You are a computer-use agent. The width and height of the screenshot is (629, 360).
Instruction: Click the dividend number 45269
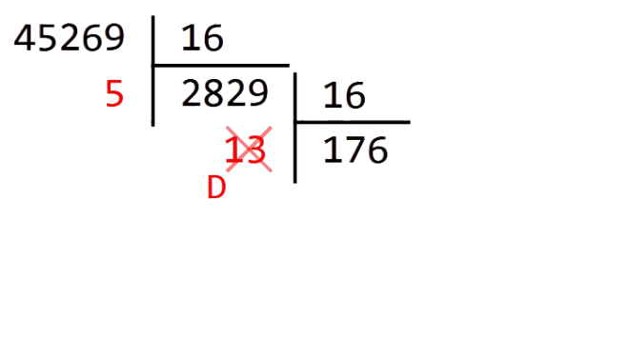70,38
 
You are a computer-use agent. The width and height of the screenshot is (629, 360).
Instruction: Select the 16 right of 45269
200,38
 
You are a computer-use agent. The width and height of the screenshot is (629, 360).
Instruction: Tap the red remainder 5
114,96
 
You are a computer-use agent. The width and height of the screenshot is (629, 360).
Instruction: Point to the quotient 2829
224,94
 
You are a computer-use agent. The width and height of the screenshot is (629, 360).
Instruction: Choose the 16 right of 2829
344,96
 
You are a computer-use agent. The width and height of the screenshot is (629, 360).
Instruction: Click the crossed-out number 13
247,150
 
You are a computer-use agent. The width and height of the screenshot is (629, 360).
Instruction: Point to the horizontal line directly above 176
353,123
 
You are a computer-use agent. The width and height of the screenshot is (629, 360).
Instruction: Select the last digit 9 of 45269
113,38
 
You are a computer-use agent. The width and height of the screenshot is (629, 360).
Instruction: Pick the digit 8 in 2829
213,94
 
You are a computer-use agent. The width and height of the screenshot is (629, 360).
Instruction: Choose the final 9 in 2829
257,94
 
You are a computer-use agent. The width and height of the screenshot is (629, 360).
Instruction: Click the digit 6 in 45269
91,38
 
